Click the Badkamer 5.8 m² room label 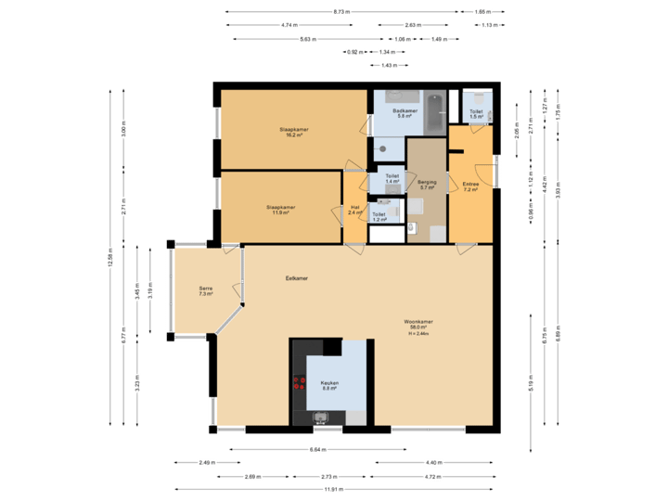click(x=405, y=113)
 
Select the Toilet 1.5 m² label click(x=476, y=114)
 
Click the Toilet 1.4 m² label click(x=392, y=178)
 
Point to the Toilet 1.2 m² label click(x=379, y=216)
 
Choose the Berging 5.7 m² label click(x=427, y=185)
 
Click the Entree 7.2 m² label click(x=471, y=186)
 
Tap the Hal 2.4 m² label click(x=354, y=210)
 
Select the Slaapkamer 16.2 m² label click(x=294, y=132)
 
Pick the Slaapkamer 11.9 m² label click(x=280, y=210)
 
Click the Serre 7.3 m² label click(x=205, y=291)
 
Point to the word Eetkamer click(x=297, y=277)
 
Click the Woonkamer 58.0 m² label click(x=418, y=325)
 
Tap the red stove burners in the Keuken click(x=300, y=387)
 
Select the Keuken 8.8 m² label click(x=329, y=385)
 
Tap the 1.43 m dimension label click(x=389, y=66)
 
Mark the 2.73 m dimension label click(x=329, y=476)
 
